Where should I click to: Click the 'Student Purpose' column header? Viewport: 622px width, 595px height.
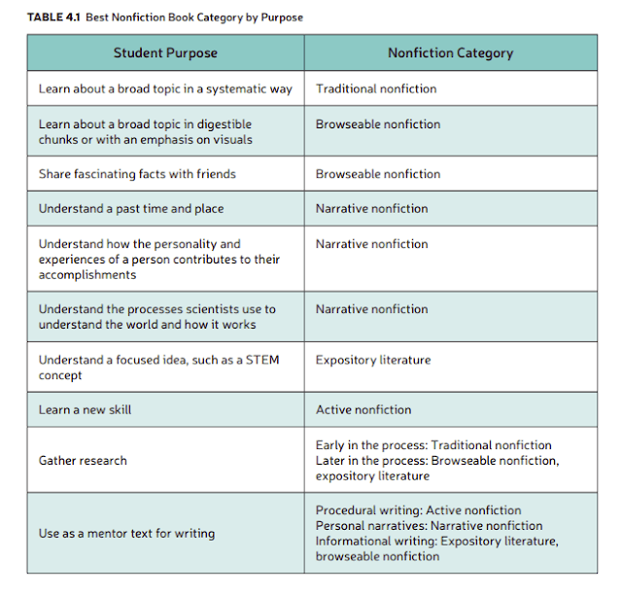(x=165, y=53)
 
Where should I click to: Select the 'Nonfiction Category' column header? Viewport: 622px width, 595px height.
(x=450, y=53)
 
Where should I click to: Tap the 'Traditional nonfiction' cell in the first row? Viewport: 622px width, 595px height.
(x=376, y=88)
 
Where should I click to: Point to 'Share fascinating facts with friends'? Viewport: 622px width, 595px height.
(x=137, y=174)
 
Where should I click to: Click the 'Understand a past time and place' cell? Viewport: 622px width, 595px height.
(x=131, y=208)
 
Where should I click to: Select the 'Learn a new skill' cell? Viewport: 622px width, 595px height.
(x=85, y=409)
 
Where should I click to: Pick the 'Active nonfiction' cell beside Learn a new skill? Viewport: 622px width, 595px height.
(x=363, y=409)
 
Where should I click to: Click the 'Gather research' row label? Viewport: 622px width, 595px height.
(x=83, y=460)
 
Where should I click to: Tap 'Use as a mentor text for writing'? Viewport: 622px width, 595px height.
(x=126, y=533)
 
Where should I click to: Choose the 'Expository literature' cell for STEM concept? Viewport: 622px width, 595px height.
(x=373, y=360)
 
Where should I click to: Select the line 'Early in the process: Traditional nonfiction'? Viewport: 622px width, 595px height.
(x=433, y=444)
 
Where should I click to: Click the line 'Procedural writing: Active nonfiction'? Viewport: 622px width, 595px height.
(x=418, y=510)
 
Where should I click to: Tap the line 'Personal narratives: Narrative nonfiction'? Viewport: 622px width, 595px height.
(x=429, y=526)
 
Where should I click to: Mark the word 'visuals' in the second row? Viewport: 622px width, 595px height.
(x=230, y=139)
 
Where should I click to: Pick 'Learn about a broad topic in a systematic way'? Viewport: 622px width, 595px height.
(x=165, y=88)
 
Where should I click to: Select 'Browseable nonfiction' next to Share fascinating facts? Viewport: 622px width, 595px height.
(x=378, y=174)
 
